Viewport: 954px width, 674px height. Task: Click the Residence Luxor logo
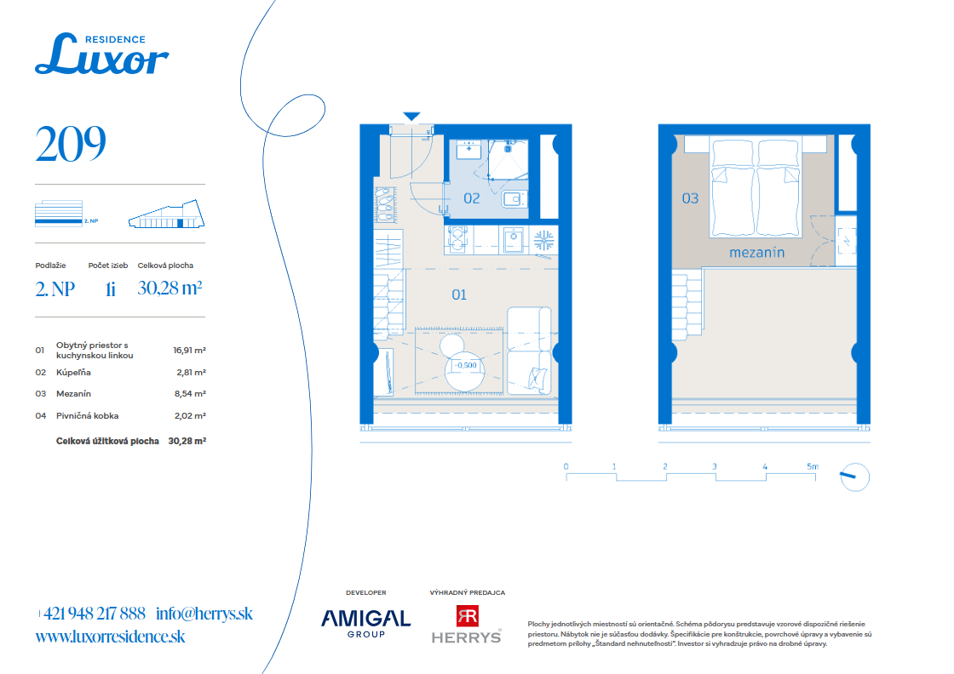point(101,54)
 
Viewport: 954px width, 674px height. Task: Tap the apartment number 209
point(71,144)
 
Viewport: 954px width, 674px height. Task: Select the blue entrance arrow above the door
point(412,116)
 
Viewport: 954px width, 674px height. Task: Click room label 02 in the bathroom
point(472,198)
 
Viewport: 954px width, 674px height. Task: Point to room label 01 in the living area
point(459,294)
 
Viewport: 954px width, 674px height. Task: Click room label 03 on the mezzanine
point(690,198)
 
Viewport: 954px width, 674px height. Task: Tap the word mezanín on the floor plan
point(757,252)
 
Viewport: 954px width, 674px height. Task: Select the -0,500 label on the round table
point(465,365)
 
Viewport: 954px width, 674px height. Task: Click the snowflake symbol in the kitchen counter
point(543,240)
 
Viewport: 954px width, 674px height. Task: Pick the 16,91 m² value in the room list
point(189,350)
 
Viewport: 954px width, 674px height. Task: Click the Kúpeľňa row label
point(73,372)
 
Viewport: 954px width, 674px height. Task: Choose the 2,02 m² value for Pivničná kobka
point(190,415)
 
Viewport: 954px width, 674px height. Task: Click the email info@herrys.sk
point(204,614)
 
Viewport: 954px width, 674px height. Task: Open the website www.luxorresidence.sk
point(110,637)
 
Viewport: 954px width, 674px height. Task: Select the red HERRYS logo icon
point(468,615)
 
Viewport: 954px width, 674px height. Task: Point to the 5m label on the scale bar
point(813,466)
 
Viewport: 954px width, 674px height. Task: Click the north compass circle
point(855,477)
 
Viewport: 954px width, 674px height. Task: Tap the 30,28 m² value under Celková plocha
point(170,288)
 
